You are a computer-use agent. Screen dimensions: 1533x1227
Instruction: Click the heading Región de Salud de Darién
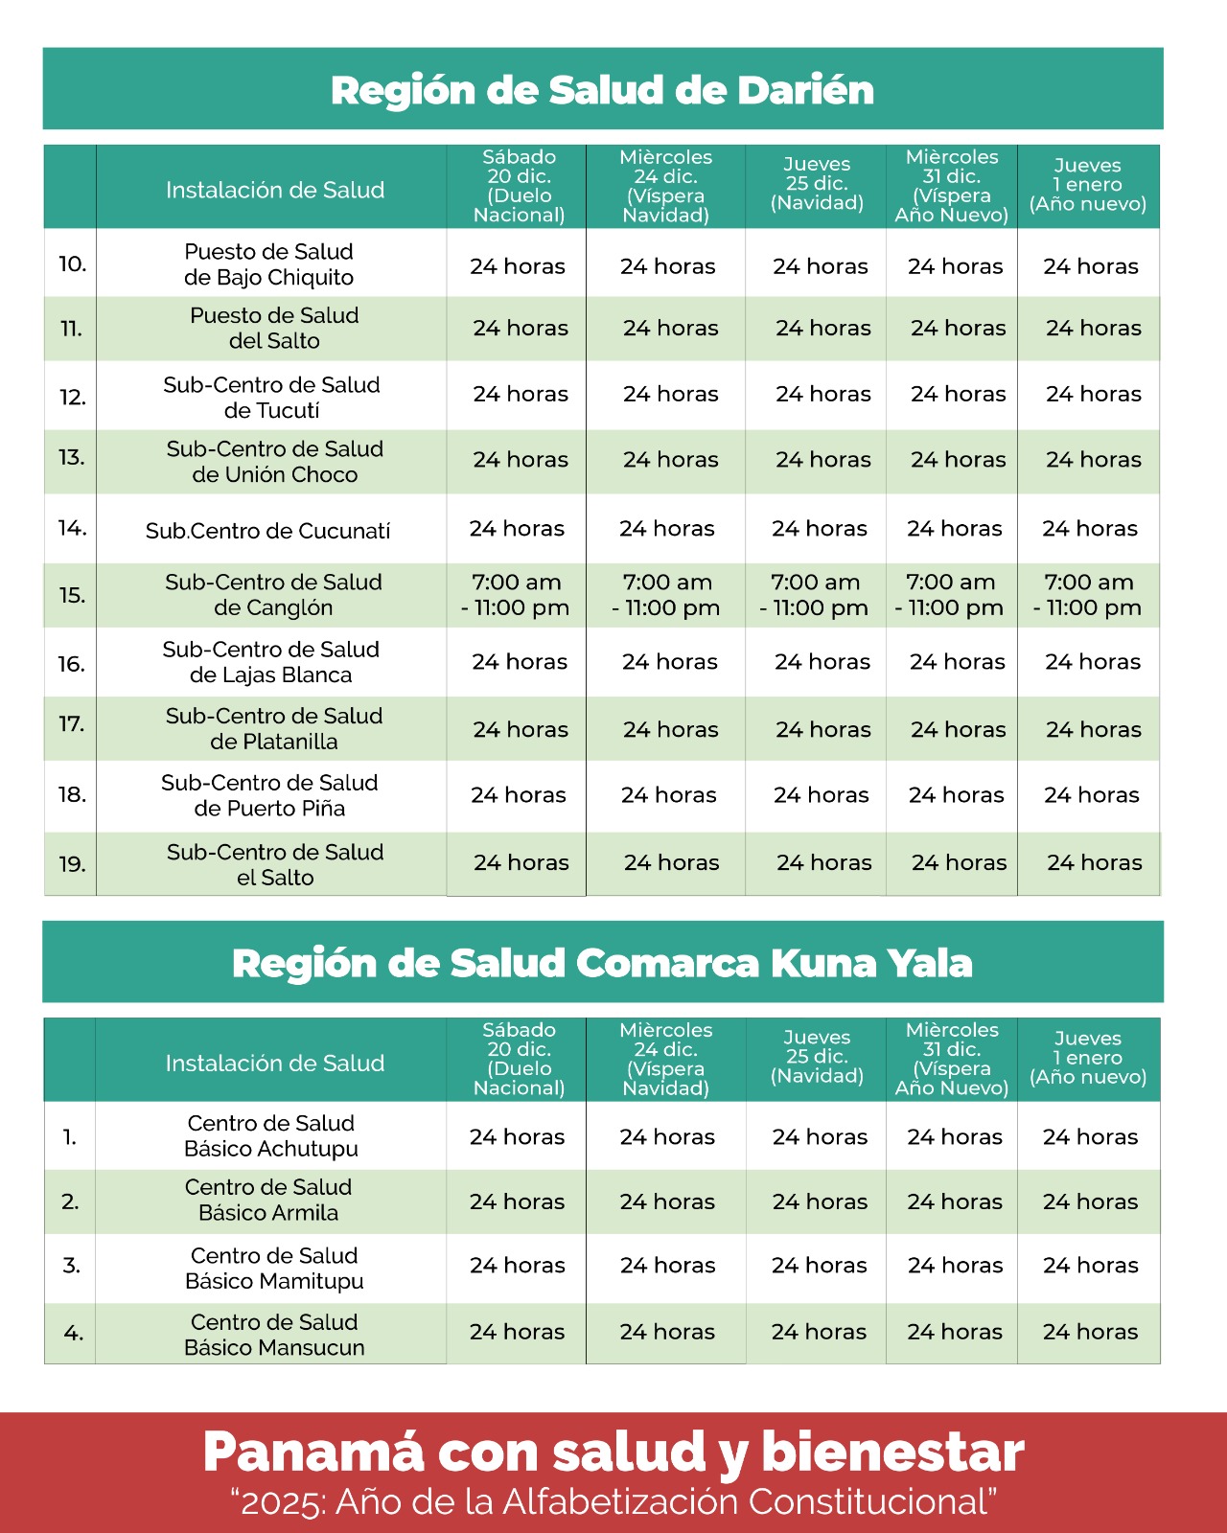tap(602, 90)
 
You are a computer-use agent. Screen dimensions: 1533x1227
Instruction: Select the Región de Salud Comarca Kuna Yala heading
tap(602, 963)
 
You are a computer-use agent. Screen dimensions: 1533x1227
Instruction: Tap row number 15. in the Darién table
tap(72, 595)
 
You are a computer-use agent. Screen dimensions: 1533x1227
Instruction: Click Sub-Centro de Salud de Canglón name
tap(273, 595)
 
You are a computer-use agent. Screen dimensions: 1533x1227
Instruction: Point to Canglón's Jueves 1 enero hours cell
tap(1088, 595)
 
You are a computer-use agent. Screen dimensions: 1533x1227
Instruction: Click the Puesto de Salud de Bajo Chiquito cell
tap(269, 264)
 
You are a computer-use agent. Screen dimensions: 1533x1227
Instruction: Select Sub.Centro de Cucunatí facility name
tap(268, 531)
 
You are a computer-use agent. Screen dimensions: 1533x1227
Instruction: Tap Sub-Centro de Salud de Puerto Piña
tap(269, 795)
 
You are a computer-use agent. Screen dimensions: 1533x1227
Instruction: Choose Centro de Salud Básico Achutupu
tap(271, 1136)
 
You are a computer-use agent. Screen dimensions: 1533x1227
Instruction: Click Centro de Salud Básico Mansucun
tap(274, 1335)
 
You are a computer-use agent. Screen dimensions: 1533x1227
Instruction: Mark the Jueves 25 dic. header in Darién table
tap(817, 184)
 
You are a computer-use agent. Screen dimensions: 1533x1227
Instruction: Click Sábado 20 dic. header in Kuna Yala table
tap(519, 1059)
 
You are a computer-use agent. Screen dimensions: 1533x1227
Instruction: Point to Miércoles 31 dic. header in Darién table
tap(952, 186)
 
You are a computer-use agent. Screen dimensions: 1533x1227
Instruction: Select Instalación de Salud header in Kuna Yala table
tap(275, 1064)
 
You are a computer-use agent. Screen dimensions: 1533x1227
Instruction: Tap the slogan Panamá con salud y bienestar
tap(613, 1453)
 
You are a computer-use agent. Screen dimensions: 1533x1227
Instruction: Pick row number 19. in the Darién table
tap(72, 864)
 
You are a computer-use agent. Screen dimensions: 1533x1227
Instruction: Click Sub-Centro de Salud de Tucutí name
tap(271, 398)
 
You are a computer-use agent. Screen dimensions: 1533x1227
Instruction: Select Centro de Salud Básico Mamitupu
tap(274, 1269)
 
